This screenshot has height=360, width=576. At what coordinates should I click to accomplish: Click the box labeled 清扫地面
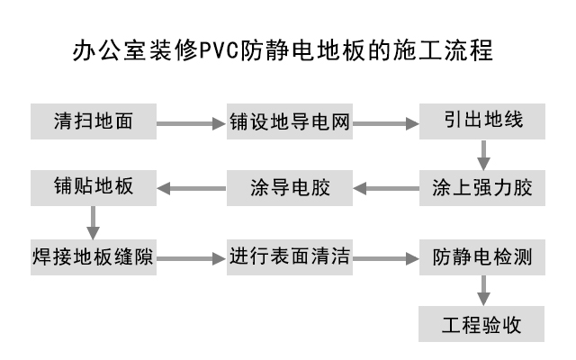click(94, 121)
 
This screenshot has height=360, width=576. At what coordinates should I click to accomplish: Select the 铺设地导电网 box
click(288, 121)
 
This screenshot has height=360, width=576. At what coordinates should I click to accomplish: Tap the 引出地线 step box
click(482, 121)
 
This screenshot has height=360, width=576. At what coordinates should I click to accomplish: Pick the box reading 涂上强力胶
click(482, 188)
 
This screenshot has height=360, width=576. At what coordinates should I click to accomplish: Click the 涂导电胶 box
click(288, 188)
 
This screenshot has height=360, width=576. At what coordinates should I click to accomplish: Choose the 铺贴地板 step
click(94, 188)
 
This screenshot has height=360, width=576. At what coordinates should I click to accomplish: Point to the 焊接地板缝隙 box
click(94, 256)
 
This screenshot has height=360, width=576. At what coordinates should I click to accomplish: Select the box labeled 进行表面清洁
click(288, 256)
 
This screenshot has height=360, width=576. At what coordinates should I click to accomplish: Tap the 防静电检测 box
click(482, 256)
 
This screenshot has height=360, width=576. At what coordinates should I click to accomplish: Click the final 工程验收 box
click(482, 323)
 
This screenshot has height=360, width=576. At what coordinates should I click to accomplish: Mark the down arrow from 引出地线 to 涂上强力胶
click(483, 155)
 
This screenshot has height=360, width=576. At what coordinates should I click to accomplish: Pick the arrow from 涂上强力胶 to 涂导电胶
click(385, 189)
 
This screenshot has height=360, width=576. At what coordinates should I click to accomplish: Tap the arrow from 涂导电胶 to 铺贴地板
click(191, 189)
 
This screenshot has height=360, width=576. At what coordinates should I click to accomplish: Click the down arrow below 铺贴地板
click(93, 222)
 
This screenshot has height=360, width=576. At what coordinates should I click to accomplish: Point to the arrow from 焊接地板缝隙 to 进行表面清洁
click(191, 257)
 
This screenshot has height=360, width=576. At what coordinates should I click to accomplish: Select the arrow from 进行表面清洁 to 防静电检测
click(385, 257)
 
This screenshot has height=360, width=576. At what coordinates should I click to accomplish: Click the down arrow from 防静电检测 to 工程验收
click(483, 290)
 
